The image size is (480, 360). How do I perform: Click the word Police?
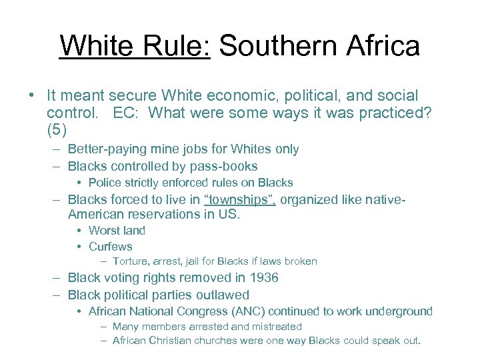(x=104, y=183)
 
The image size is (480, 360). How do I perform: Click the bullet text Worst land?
(x=117, y=231)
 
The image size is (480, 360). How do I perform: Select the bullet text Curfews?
(x=110, y=247)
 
